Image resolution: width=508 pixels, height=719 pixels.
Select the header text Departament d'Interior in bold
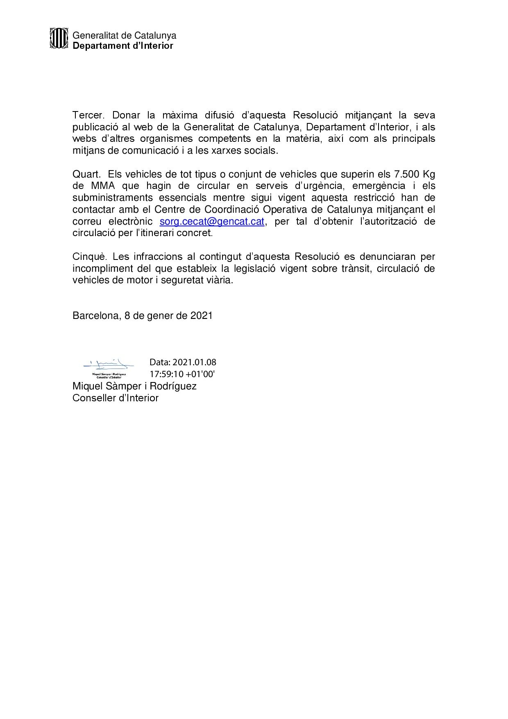[123, 46]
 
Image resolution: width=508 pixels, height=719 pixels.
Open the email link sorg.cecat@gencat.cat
[212, 222]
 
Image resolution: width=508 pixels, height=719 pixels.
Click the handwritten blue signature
[109, 363]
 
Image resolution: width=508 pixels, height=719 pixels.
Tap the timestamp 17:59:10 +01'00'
[182, 374]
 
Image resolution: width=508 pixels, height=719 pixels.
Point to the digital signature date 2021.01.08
[194, 362]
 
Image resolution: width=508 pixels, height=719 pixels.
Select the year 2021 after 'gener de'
[201, 316]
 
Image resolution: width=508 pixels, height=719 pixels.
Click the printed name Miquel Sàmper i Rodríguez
[134, 386]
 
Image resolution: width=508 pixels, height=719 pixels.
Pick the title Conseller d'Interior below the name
[116, 398]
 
